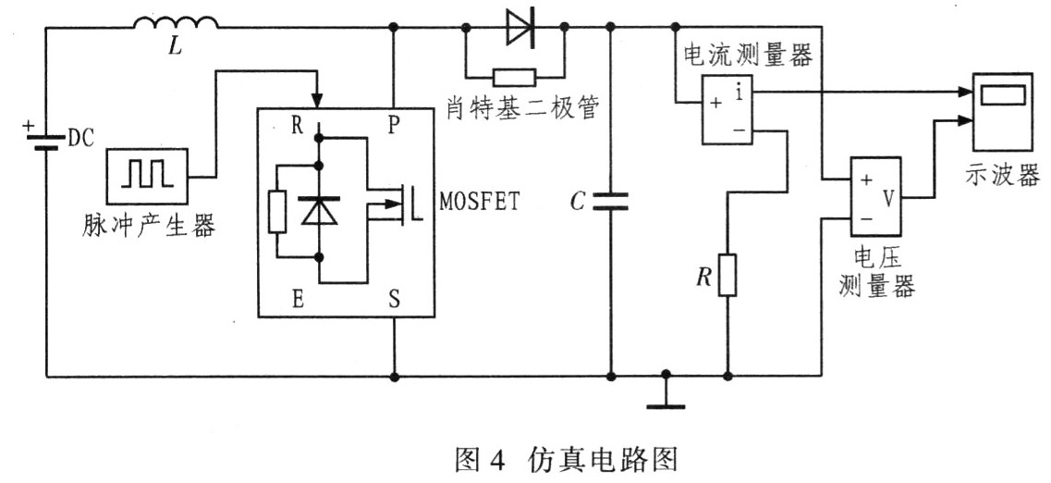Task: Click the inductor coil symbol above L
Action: point(177,23)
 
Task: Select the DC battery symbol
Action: point(44,141)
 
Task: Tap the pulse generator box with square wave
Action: point(148,174)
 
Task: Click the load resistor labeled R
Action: point(728,275)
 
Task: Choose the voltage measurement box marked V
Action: point(874,194)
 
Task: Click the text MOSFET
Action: point(481,202)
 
